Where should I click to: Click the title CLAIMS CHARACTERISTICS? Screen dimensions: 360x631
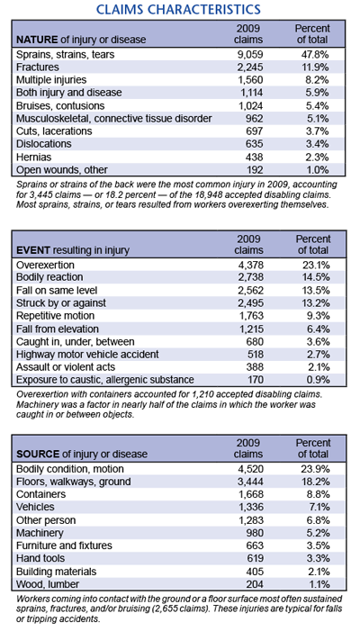pos(180,8)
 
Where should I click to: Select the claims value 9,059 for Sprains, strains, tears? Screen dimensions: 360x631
pos(249,54)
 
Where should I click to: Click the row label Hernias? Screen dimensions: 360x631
pos(34,157)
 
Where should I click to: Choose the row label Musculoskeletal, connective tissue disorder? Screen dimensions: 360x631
pos(114,119)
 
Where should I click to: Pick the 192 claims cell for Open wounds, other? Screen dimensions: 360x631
pos(254,170)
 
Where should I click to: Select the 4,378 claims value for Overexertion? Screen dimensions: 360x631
pos(249,266)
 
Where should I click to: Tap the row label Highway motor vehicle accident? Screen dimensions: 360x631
pos(87,354)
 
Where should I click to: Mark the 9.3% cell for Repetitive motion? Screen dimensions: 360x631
pos(319,316)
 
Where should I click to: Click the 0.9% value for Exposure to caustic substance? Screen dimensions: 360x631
pos(319,380)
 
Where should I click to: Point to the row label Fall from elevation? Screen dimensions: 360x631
pos(57,329)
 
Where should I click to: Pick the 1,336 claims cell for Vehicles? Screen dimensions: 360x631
pos(249,507)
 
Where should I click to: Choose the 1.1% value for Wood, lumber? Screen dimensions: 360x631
pos(319,584)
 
